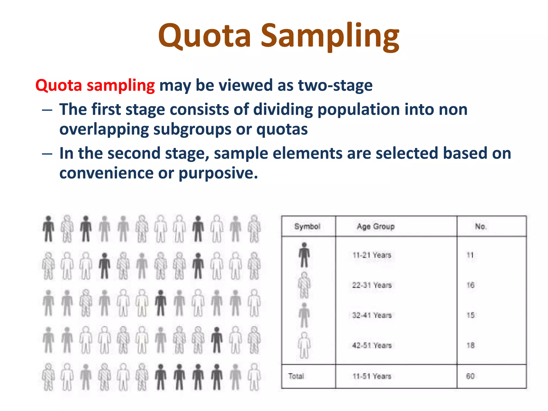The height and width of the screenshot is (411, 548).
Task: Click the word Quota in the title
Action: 204,36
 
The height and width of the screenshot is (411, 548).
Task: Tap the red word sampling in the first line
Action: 121,86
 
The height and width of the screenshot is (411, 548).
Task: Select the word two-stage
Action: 335,86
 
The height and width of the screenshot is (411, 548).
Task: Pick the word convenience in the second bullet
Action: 106,173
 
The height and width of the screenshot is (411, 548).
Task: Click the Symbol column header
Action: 307,227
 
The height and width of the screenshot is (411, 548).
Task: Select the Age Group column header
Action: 376,227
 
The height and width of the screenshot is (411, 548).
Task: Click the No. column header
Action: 481,227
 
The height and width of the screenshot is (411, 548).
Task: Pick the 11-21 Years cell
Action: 372,255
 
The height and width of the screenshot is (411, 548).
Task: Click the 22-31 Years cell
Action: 372,285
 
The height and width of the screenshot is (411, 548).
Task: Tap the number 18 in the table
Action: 470,345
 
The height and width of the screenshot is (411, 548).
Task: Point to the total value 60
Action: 470,376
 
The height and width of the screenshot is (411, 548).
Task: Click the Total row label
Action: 296,376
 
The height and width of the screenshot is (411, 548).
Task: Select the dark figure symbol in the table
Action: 304,255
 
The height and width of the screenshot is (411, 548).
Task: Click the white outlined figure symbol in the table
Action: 304,345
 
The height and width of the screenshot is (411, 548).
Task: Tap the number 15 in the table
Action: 470,315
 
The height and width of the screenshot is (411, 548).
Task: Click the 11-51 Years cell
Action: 372,376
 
